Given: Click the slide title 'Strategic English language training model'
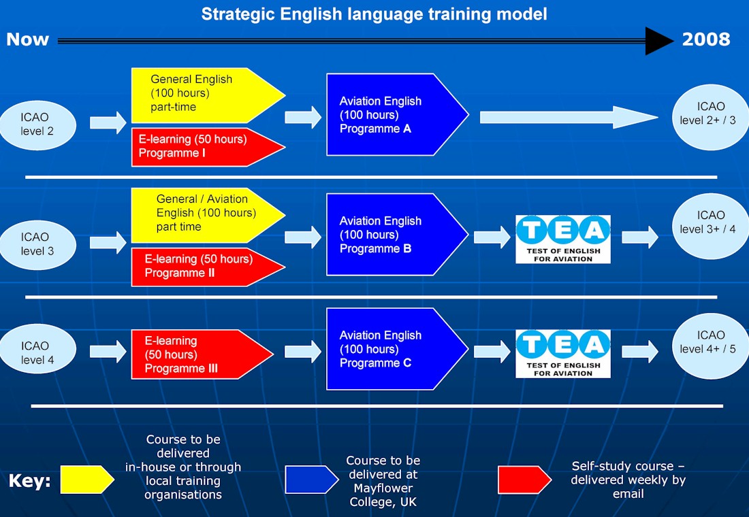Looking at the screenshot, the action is (x=374, y=14).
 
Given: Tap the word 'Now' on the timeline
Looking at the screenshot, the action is (x=28, y=39).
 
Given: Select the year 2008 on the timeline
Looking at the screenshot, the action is (x=706, y=39).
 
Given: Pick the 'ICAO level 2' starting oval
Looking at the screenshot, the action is (x=37, y=124).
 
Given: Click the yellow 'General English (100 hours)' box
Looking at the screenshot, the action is (x=208, y=95).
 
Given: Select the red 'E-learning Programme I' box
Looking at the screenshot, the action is (x=208, y=147).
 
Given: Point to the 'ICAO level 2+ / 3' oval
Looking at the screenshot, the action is (x=710, y=117).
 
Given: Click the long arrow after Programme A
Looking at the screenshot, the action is (x=569, y=118).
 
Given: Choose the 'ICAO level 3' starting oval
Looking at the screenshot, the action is (x=37, y=244).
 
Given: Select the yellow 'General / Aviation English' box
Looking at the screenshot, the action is (x=208, y=215).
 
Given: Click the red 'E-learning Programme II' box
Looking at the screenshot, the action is (x=208, y=267).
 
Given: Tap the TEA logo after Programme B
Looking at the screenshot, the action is (x=563, y=239).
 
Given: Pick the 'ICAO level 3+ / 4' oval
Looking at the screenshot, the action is (x=710, y=227).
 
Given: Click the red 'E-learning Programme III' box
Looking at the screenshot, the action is (x=202, y=354).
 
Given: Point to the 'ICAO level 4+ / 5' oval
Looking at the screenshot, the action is (x=710, y=346).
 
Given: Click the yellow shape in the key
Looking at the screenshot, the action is (x=87, y=480).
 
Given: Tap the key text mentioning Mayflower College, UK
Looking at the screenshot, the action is (x=383, y=481).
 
